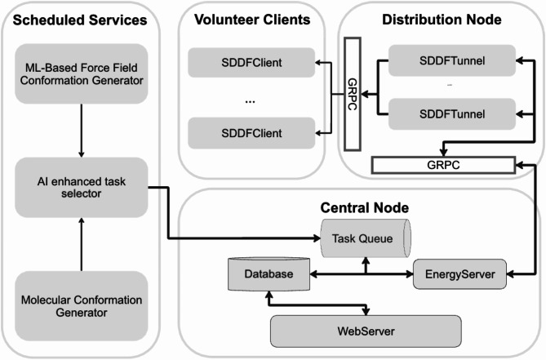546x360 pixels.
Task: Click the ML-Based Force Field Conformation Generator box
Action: point(81,73)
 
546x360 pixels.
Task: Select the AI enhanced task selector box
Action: point(81,187)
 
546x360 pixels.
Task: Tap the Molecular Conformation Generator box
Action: point(81,305)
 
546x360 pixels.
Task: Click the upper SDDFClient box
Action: point(251,62)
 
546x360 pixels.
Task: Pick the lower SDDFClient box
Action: point(251,133)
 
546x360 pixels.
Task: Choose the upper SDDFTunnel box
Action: point(452,60)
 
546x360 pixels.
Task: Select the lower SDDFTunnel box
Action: point(452,113)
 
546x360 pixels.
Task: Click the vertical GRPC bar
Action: point(353,94)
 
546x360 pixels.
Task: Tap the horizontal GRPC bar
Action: point(443,165)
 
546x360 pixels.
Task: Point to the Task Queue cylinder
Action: point(366,238)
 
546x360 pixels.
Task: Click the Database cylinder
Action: point(269,273)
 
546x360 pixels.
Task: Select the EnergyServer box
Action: point(459,274)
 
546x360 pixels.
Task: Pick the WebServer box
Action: point(366,331)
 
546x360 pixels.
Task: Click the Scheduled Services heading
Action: point(80,20)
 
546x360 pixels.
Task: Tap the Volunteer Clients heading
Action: point(252,20)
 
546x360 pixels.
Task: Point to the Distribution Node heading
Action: point(442,20)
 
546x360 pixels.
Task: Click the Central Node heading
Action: point(365,207)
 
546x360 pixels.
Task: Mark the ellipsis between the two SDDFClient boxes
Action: point(250,102)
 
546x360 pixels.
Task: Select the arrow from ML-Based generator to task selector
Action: point(82,131)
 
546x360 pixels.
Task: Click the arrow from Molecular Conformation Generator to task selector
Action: point(82,244)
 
